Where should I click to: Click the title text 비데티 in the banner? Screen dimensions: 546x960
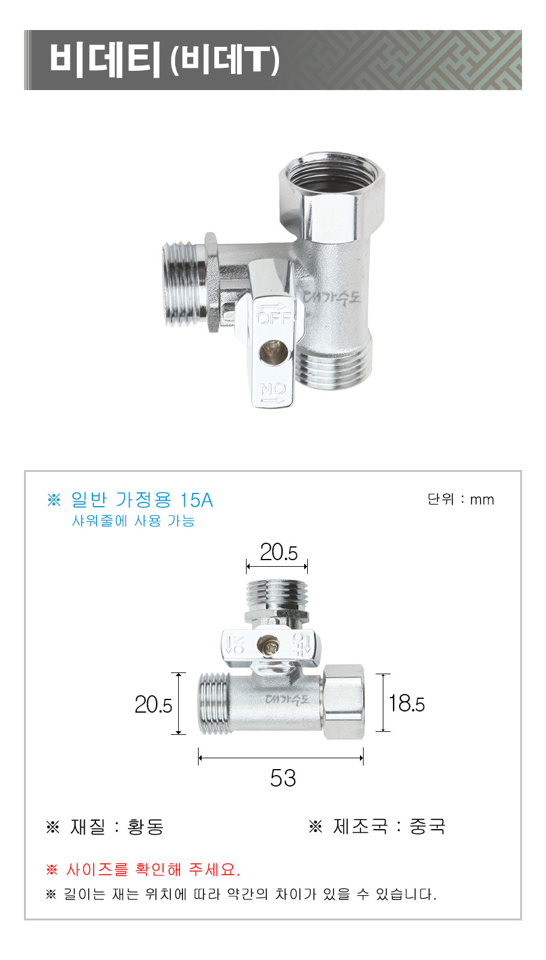click(x=105, y=59)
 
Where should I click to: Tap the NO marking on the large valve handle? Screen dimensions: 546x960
click(x=273, y=389)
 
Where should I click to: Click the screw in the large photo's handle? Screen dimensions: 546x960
click(x=273, y=352)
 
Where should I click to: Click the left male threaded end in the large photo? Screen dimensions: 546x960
click(x=184, y=284)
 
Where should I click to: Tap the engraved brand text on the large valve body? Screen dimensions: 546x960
click(x=332, y=297)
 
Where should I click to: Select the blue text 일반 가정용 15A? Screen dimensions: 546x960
click(x=142, y=500)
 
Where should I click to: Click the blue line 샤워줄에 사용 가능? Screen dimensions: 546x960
click(x=133, y=521)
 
